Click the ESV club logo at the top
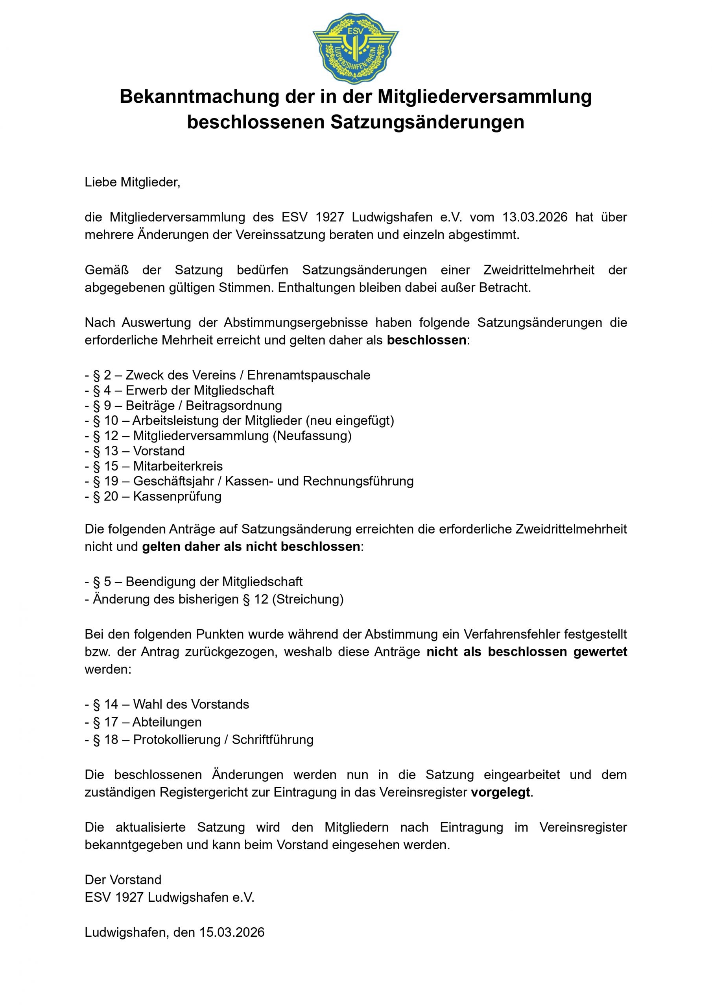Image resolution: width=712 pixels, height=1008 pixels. [x=355, y=47]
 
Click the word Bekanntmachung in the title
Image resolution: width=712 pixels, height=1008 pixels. [x=199, y=96]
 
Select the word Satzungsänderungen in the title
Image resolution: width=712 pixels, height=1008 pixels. [x=427, y=122]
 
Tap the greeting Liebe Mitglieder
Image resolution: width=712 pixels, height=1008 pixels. [x=133, y=182]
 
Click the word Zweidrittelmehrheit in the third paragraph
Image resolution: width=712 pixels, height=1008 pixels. [x=539, y=270]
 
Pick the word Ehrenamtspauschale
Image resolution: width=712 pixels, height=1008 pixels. [x=309, y=375]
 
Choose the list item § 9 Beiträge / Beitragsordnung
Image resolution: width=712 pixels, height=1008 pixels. [x=183, y=405]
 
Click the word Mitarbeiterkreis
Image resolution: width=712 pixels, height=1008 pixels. [x=178, y=466]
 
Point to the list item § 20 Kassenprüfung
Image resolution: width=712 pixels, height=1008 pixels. [x=153, y=496]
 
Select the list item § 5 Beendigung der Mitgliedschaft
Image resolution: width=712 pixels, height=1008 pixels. [x=194, y=582]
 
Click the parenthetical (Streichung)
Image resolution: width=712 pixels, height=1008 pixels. [x=308, y=599]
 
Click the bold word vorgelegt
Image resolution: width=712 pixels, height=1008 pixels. [x=500, y=793]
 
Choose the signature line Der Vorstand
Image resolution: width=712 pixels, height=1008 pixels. [x=123, y=880]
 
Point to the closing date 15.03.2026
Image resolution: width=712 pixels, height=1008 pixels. [x=232, y=932]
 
